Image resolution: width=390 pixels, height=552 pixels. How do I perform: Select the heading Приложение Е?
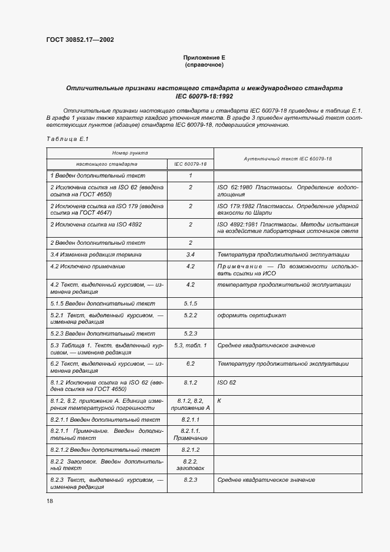[x=204, y=57]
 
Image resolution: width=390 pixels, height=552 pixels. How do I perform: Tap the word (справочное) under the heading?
[x=204, y=64]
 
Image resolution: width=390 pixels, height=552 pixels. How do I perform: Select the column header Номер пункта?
[x=130, y=153]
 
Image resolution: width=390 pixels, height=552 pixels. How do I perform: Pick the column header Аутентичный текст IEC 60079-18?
[x=287, y=159]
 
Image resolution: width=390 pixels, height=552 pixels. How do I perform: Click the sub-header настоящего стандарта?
[x=107, y=164]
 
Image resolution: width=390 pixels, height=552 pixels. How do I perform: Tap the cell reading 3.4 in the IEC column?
[x=190, y=254]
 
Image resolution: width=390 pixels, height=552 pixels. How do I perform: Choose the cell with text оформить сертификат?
[x=251, y=315]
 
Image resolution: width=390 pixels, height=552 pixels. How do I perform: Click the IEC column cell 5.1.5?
[x=190, y=303]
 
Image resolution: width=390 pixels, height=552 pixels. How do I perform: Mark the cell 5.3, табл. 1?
[x=190, y=345]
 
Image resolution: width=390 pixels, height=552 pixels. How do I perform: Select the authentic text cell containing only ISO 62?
[x=227, y=382]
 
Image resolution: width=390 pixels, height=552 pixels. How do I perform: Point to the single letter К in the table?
[x=219, y=400]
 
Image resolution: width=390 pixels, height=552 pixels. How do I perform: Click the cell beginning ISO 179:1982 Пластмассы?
[x=287, y=209]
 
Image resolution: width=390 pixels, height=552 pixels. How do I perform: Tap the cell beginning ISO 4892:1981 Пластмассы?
[x=287, y=228]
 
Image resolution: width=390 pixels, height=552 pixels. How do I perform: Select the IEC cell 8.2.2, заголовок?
[x=190, y=464]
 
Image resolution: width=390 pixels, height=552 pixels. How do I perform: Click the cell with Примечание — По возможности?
[x=287, y=270]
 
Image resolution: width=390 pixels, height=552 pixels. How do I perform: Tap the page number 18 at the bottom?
[x=50, y=500]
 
